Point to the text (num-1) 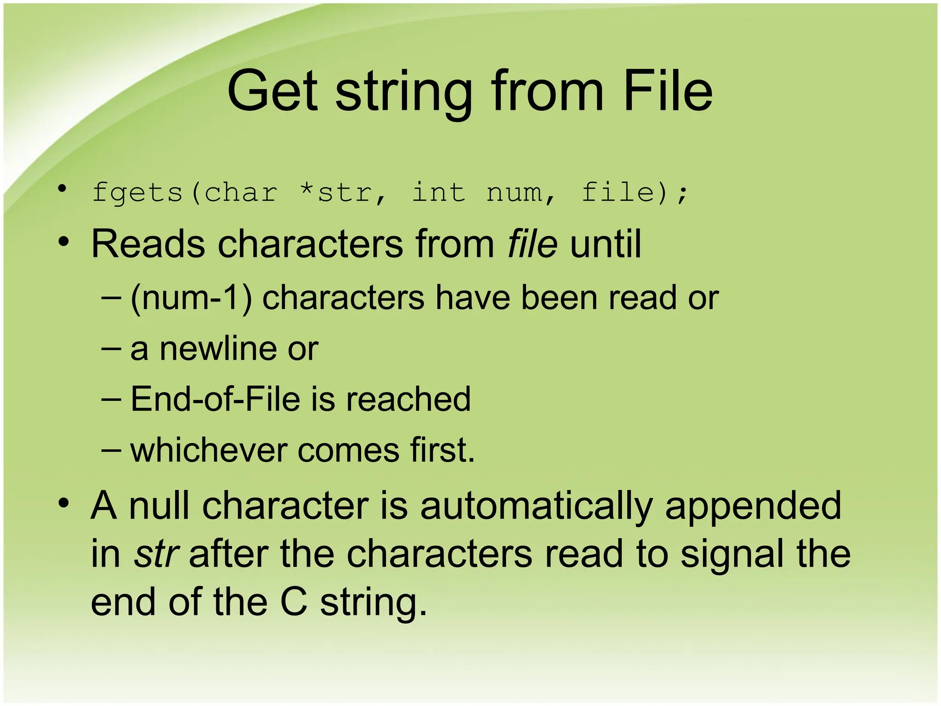coord(191,298)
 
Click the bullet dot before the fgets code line coord(62,188)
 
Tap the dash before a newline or coord(110,348)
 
